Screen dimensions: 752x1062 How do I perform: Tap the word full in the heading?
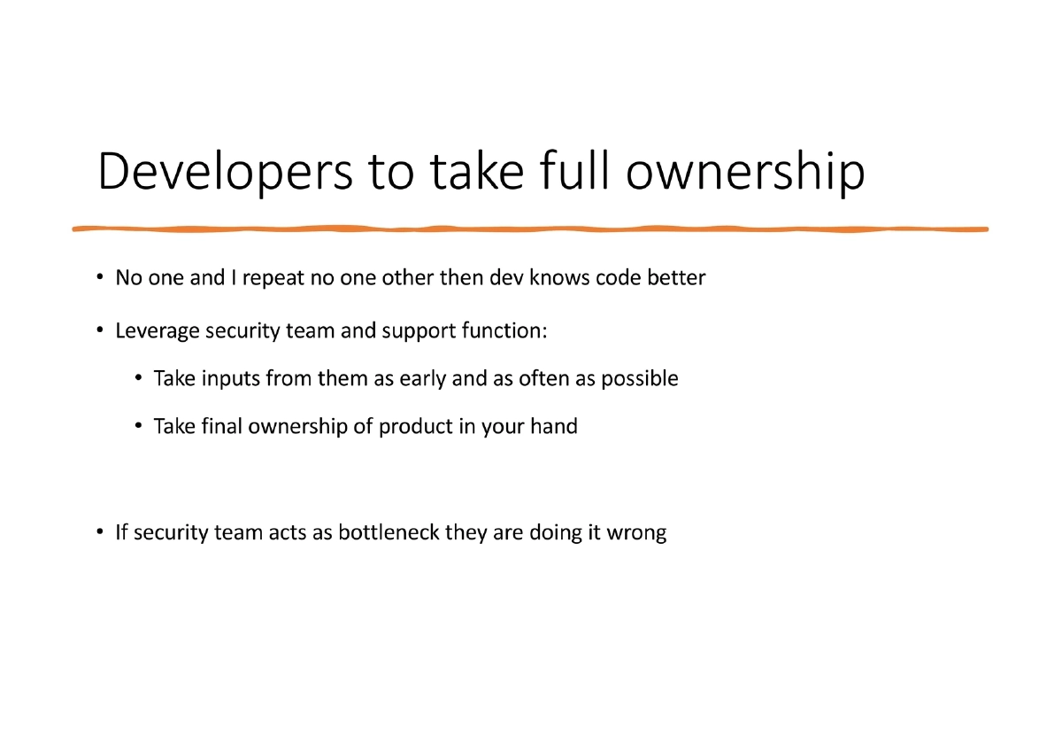568,172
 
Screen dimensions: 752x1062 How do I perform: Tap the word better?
675,278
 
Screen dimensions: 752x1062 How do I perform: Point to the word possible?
640,380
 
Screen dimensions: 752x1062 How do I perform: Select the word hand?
554,427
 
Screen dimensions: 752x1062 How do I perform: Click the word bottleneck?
389,533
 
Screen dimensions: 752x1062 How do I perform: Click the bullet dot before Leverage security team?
101,331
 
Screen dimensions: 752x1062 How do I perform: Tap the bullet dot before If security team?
101,533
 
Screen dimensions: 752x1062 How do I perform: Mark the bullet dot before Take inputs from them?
139,379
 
